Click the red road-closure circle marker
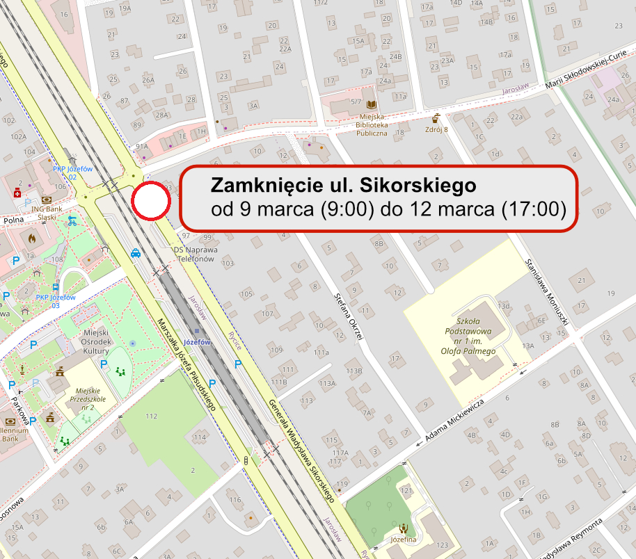click(x=151, y=202)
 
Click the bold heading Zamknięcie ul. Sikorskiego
click(x=343, y=186)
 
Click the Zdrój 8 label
click(x=436, y=129)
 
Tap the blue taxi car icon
click(x=136, y=254)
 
